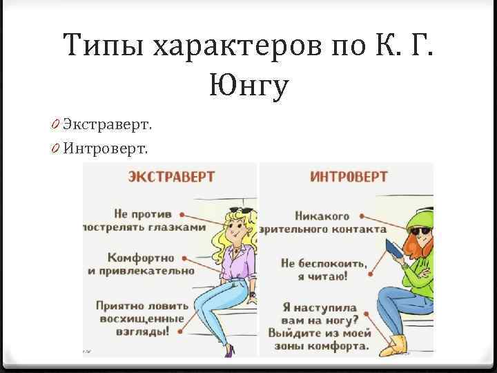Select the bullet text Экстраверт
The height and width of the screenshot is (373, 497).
pos(108,124)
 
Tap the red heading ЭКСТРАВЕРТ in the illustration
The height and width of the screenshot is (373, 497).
pos(171,177)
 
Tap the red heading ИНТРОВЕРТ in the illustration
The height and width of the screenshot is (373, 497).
pos(349,177)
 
